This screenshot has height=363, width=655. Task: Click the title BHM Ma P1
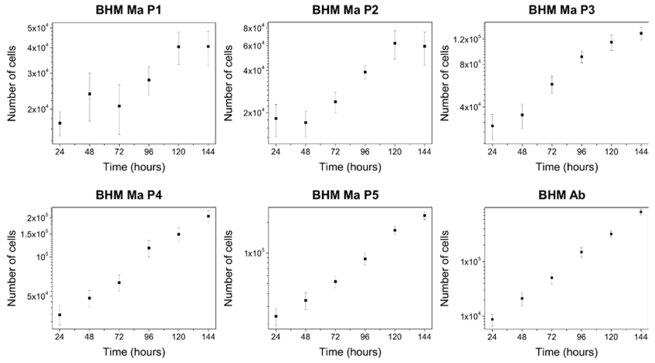128,10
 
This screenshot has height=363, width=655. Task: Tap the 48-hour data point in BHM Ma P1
90,94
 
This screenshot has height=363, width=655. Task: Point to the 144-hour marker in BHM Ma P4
208,216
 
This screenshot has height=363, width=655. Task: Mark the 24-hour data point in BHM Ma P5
276,316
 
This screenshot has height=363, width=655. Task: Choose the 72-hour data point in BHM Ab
552,277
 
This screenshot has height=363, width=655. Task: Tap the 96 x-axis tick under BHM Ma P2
365,152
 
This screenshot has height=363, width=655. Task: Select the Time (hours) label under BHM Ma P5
350,352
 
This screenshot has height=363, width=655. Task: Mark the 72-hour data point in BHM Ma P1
119,106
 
